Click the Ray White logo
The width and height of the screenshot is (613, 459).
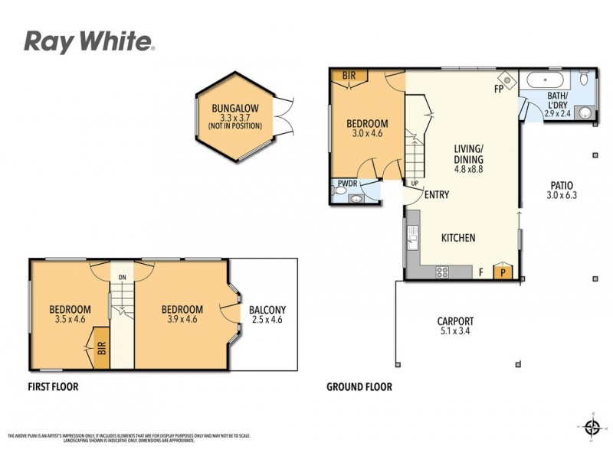[90, 41]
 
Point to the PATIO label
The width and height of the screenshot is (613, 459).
[561, 185]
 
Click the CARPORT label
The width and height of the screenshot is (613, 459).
[455, 321]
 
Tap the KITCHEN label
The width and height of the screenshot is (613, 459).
[458, 238]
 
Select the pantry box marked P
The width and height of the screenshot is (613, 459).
[503, 272]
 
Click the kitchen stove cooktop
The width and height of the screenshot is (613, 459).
[443, 272]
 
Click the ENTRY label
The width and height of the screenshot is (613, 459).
[436, 195]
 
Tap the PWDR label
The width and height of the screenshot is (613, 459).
[347, 184]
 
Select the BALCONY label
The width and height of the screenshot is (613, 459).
[267, 310]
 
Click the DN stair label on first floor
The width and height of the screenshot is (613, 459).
[121, 277]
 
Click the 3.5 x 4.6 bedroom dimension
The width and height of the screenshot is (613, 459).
[70, 320]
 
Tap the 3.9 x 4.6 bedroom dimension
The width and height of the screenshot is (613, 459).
[182, 320]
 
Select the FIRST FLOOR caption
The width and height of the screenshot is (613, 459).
[53, 387]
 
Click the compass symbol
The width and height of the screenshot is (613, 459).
[592, 426]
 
